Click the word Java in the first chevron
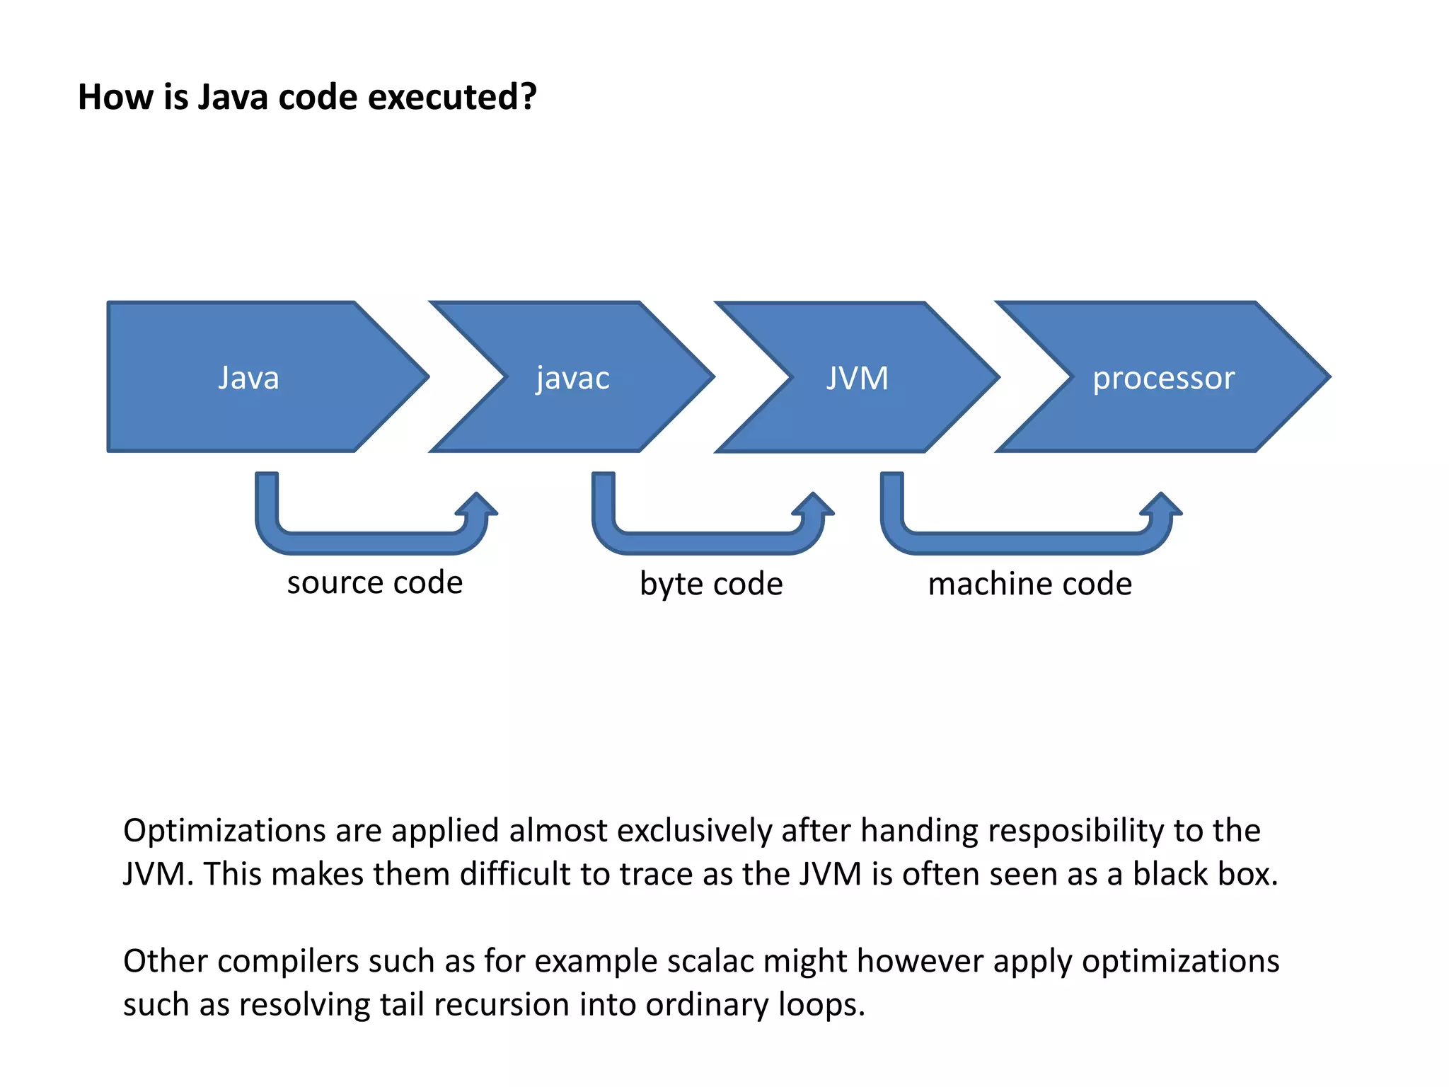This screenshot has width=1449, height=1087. [248, 378]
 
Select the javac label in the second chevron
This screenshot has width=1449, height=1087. [572, 378]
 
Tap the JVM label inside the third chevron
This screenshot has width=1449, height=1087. [858, 378]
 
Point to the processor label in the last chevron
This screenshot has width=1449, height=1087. [1163, 378]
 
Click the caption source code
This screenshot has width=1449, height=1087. [374, 582]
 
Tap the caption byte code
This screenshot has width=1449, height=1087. [711, 584]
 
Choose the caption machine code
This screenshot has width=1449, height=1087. [1029, 584]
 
